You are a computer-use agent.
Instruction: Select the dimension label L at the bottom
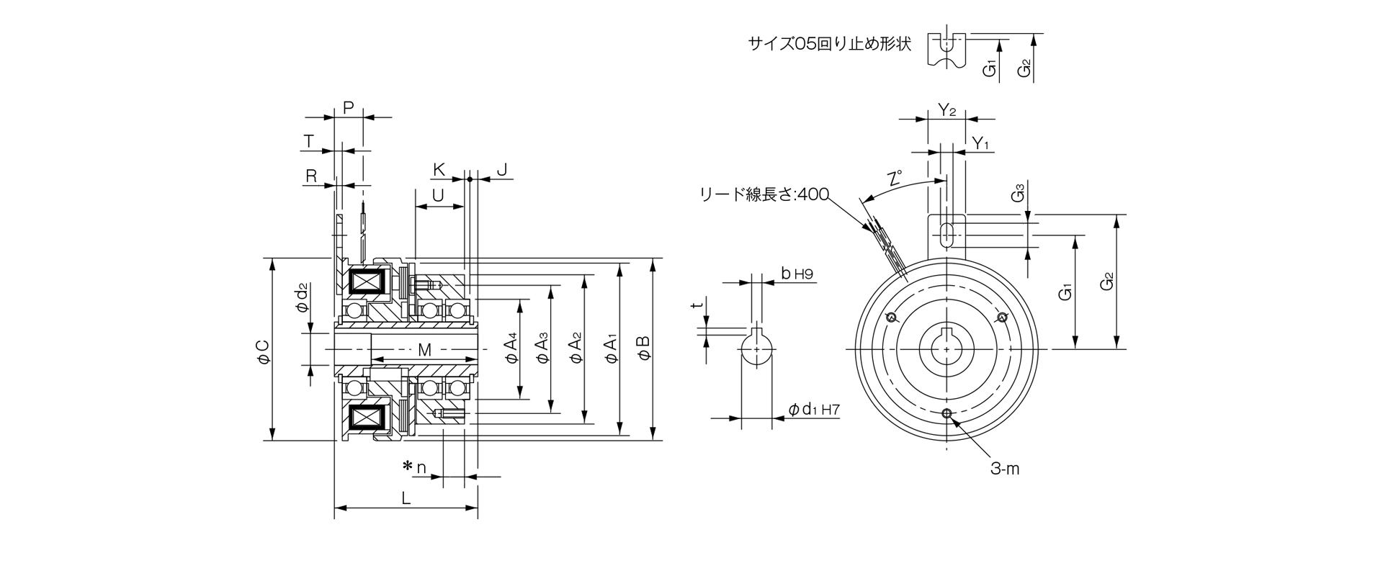[406, 498]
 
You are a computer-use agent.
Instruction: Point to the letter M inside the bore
[424, 351]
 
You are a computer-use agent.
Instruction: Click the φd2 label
[302, 297]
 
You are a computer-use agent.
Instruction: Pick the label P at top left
[348, 108]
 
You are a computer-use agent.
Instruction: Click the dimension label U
[437, 195]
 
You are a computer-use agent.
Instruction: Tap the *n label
[415, 468]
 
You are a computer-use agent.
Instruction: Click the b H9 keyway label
[797, 274]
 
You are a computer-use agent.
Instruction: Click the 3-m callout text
[1005, 469]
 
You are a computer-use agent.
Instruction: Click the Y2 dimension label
[946, 110]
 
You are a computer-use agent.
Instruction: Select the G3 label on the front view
[1018, 194]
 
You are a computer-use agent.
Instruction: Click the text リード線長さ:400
[764, 194]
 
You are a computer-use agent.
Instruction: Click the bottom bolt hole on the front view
[946, 413]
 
